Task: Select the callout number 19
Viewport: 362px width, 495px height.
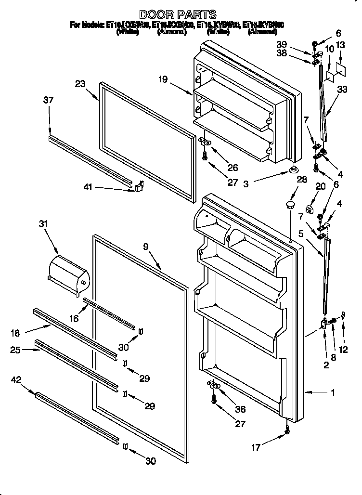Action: click(163, 79)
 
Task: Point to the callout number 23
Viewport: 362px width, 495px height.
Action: click(80, 84)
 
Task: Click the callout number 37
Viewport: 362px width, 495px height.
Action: click(48, 100)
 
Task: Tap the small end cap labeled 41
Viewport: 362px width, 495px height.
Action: click(139, 185)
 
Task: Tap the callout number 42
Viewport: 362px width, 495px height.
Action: click(16, 380)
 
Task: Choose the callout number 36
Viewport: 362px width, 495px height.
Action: click(239, 410)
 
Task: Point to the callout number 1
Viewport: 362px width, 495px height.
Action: click(332, 392)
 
